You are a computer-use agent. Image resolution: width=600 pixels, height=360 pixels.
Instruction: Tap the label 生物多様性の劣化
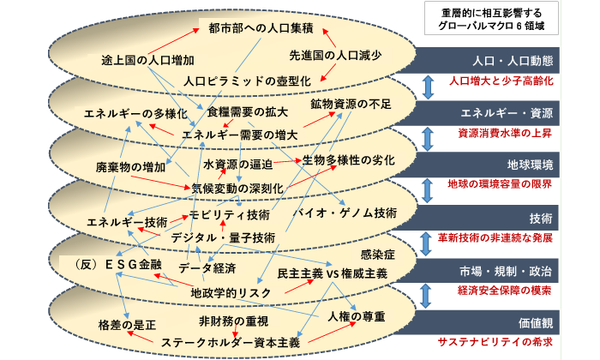coord(348,160)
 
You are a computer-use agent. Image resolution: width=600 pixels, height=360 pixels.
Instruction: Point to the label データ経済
coord(207,268)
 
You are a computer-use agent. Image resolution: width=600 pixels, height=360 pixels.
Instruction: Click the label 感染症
coord(371,255)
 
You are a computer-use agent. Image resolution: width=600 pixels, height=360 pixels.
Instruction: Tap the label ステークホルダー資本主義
coord(231,342)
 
